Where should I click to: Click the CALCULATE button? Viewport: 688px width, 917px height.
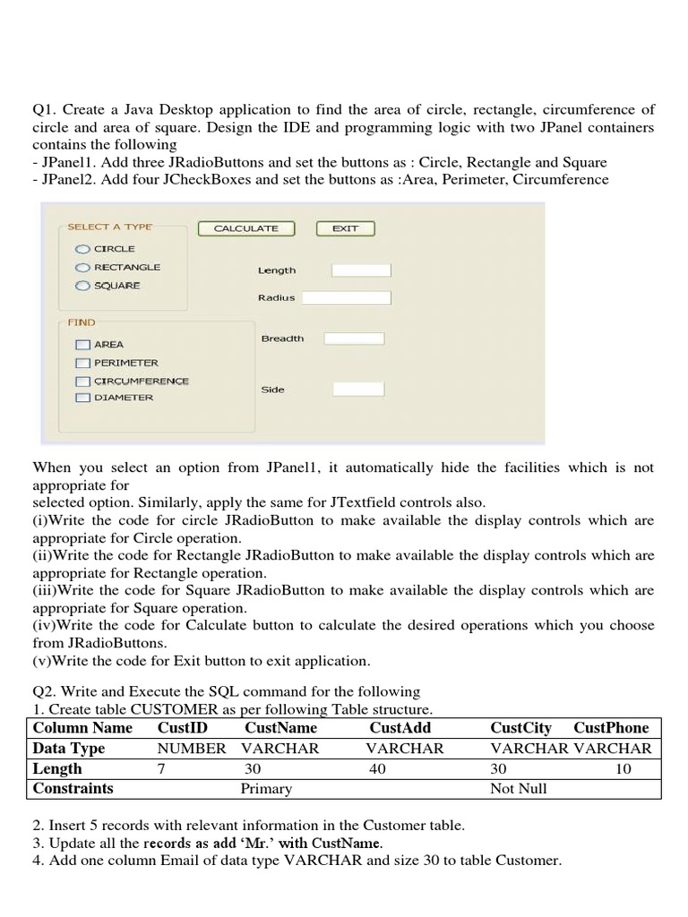tap(245, 228)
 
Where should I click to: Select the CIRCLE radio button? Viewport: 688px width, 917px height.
tap(82, 249)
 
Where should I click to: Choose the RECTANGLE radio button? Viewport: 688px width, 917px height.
tap(82, 267)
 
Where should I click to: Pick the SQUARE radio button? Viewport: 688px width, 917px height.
tap(82, 286)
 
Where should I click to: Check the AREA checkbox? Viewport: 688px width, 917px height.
tap(83, 345)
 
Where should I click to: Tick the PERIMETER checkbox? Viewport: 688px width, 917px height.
tap(83, 363)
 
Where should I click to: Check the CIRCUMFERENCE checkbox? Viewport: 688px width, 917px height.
tap(83, 381)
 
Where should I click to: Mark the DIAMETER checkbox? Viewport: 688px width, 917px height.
tap(83, 398)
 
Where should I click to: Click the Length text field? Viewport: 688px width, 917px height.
tap(360, 270)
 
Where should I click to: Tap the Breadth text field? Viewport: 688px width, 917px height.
tap(354, 339)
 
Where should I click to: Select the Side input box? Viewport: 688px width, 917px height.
tap(358, 390)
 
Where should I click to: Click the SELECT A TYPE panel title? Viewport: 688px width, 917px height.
tap(109, 227)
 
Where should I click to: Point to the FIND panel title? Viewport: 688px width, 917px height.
tap(82, 321)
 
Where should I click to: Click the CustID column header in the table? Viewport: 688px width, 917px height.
tap(182, 728)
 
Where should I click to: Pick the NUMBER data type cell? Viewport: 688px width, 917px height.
tap(192, 749)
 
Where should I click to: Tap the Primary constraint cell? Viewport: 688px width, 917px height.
tap(266, 789)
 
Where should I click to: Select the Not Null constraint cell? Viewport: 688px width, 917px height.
tap(519, 789)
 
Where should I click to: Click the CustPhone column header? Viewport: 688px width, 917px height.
tap(611, 728)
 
